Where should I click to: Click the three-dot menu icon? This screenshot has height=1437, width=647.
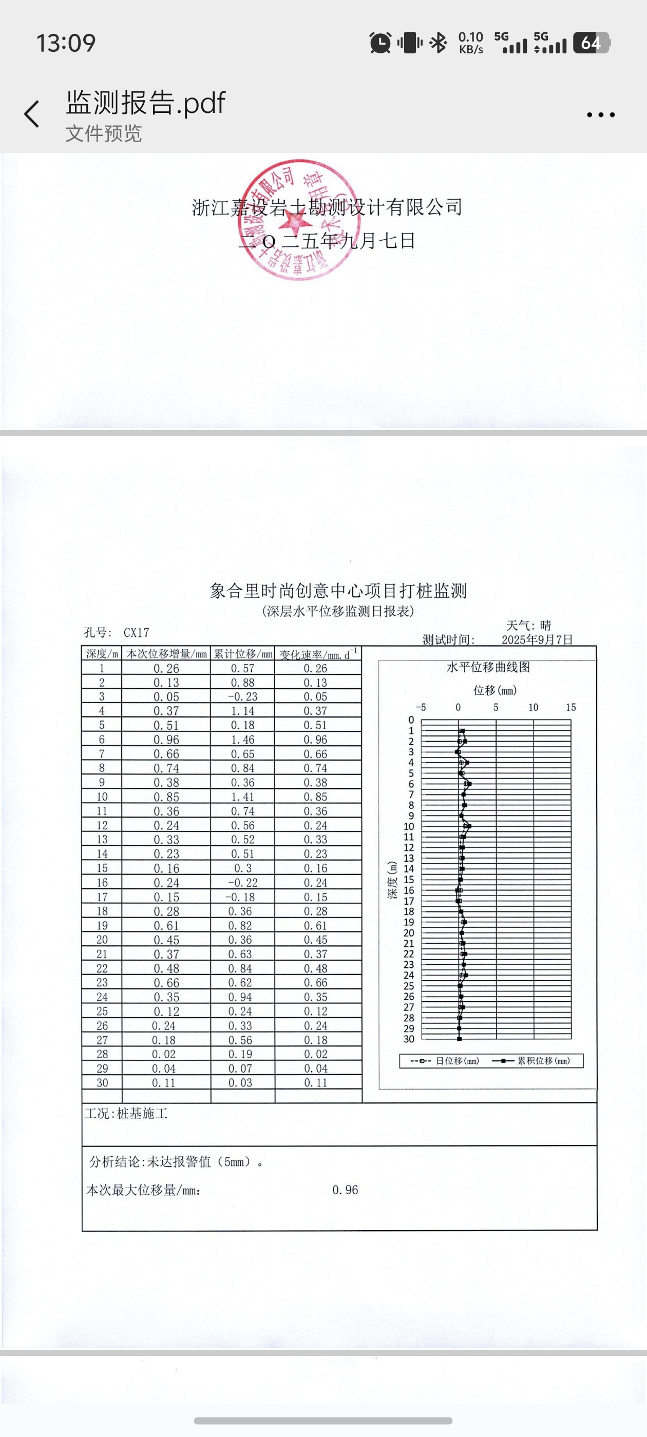click(601, 115)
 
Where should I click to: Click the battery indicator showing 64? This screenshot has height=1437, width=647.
click(591, 43)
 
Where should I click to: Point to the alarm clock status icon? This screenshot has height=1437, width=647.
click(380, 43)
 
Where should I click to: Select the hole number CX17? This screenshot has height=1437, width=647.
click(136, 633)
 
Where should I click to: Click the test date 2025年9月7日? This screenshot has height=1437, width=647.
click(537, 639)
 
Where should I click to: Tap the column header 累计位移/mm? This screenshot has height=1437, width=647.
click(243, 654)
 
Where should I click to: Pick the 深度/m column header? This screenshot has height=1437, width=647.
click(102, 654)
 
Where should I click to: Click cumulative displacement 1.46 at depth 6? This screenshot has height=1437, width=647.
click(243, 740)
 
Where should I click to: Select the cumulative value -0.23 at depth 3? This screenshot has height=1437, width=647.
click(243, 697)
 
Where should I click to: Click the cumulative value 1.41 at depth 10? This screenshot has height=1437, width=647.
click(243, 797)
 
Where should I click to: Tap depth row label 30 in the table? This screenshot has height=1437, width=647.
click(102, 1083)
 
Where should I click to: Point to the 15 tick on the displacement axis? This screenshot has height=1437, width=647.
click(570, 707)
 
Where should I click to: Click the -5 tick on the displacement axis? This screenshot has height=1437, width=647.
click(421, 707)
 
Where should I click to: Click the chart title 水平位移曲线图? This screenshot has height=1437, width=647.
click(488, 667)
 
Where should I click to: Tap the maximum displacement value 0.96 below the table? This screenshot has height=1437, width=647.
click(345, 1190)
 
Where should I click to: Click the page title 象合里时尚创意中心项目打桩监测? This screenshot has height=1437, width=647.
click(338, 591)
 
